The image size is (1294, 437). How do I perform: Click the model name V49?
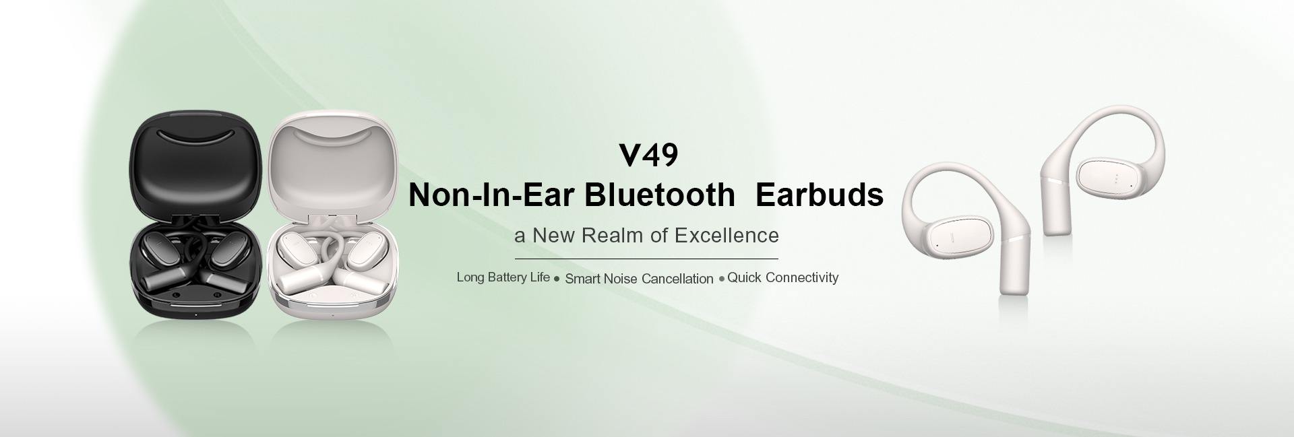(648, 155)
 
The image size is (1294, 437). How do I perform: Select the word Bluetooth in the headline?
(659, 195)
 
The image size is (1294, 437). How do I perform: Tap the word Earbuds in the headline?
(820, 195)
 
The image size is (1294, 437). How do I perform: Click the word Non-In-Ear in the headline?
(491, 195)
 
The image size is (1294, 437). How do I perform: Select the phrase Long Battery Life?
(503, 277)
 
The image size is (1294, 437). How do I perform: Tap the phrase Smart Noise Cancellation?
(639, 279)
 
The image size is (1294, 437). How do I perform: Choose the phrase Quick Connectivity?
(782, 277)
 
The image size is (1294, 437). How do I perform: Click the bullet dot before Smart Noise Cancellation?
(557, 279)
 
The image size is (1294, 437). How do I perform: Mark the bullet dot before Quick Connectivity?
(722, 278)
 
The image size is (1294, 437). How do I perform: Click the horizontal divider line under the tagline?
(646, 259)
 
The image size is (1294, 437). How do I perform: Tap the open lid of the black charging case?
(195, 165)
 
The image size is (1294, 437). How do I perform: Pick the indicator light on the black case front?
(195, 315)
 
